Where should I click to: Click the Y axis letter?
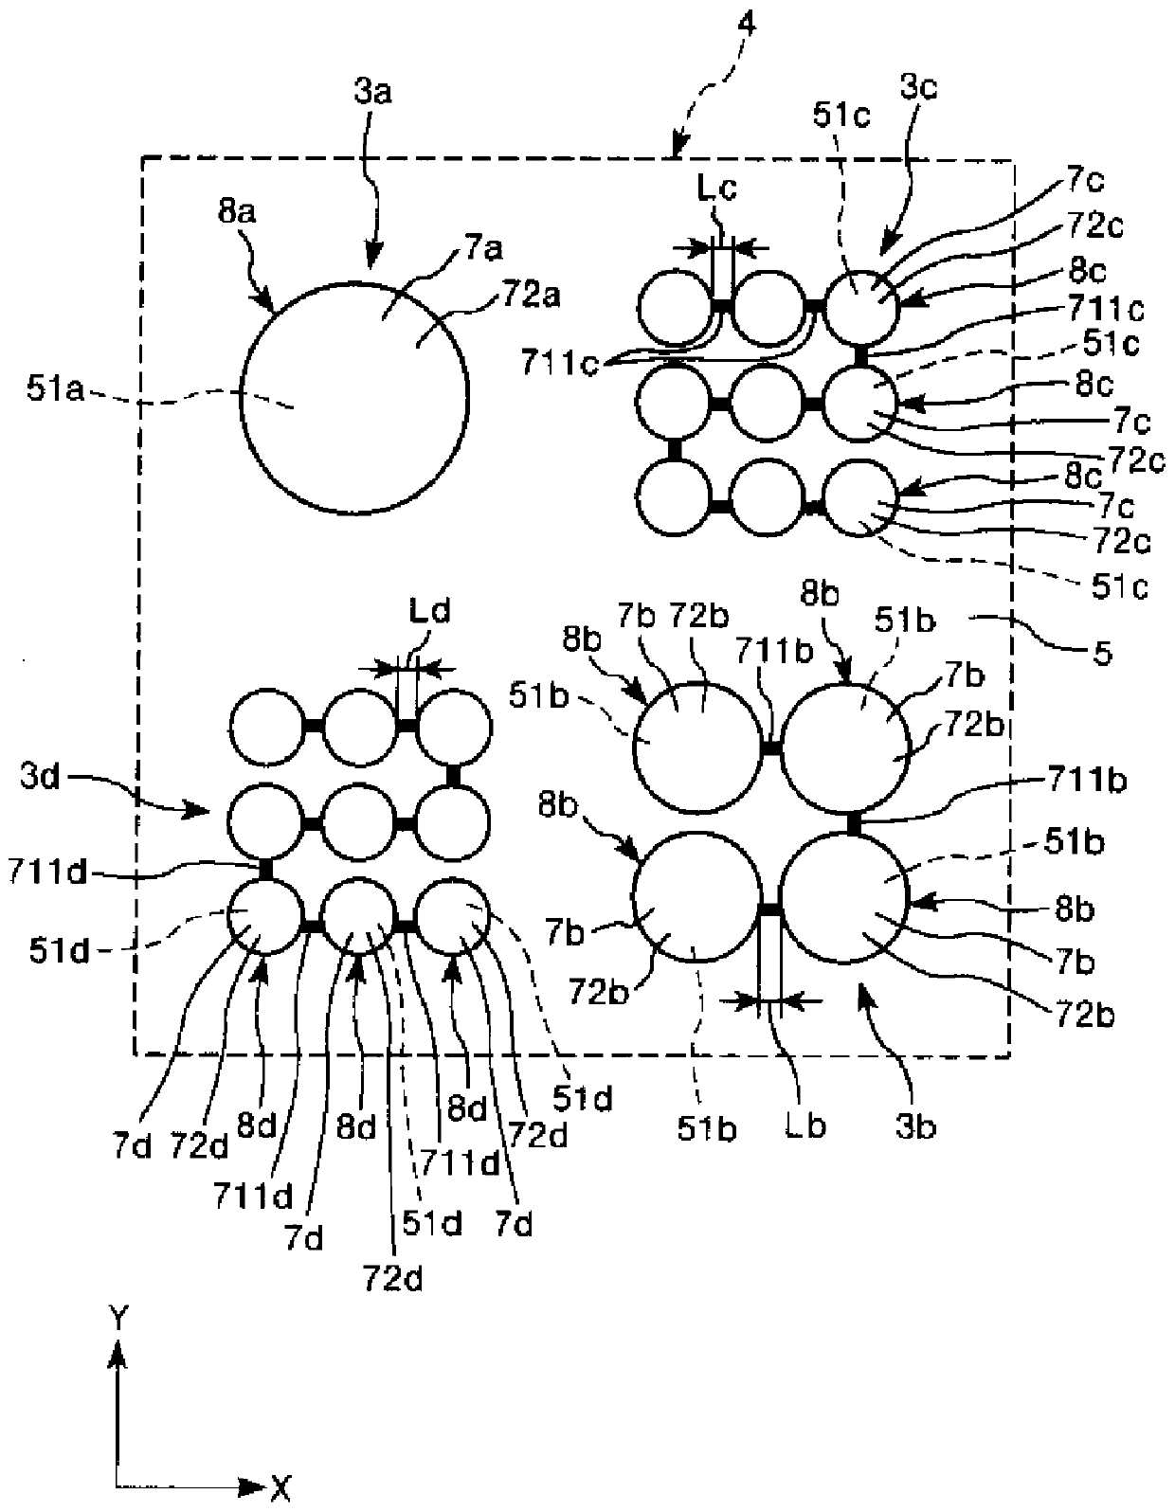pos(117,1316)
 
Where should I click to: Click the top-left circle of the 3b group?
pos(696,746)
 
